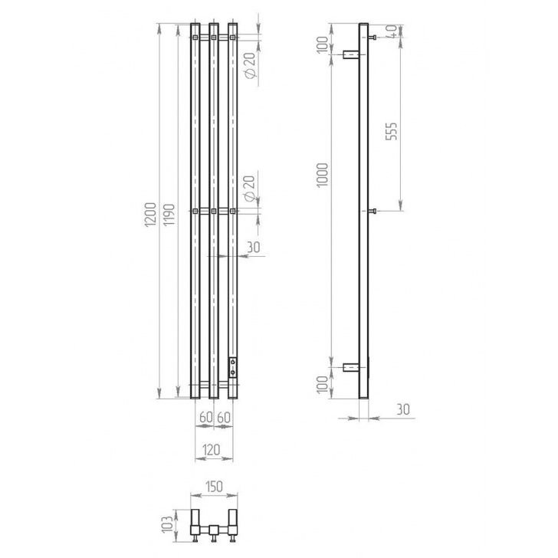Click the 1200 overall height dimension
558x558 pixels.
(150, 215)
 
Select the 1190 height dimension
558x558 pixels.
(169, 215)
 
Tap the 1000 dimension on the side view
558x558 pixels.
(322, 175)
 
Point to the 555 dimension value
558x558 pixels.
(392, 131)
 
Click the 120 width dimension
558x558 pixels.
(212, 450)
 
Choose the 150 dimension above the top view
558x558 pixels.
(214, 487)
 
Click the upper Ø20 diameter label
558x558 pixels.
(250, 65)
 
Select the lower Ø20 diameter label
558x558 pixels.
(250, 189)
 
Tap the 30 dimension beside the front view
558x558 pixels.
(254, 247)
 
